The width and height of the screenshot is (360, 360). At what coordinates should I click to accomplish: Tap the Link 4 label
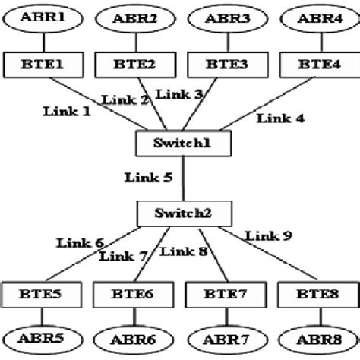(280, 118)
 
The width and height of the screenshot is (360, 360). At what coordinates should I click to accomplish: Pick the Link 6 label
(79, 243)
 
